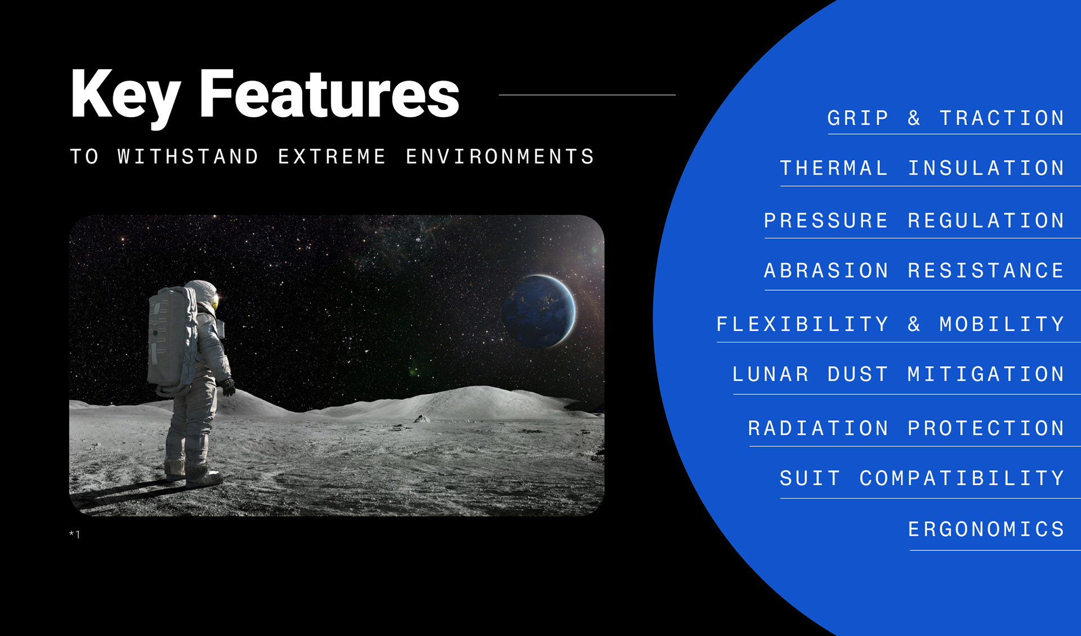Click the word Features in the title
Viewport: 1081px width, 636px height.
pyautogui.click(x=329, y=94)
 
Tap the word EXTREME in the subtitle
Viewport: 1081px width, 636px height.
pyautogui.click(x=332, y=157)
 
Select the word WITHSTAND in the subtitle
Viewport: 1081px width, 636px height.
pyautogui.click(x=188, y=157)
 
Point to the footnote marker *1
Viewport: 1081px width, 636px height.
pyautogui.click(x=75, y=534)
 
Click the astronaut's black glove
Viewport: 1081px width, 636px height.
pyautogui.click(x=228, y=386)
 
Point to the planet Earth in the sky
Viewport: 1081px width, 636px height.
pyautogui.click(x=540, y=311)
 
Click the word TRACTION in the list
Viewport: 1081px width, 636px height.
pyautogui.click(x=1002, y=118)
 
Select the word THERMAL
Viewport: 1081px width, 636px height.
pyautogui.click(x=834, y=168)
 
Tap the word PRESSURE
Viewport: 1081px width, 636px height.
pyautogui.click(x=826, y=220)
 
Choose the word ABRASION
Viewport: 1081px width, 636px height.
pyautogui.click(x=826, y=271)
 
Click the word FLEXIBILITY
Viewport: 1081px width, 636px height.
pyautogui.click(x=802, y=324)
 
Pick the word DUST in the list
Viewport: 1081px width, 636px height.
pyautogui.click(x=857, y=374)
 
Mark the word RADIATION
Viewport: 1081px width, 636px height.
pyautogui.click(x=818, y=428)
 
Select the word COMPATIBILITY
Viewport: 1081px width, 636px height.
pyautogui.click(x=962, y=478)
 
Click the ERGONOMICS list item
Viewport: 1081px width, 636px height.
pyautogui.click(x=986, y=529)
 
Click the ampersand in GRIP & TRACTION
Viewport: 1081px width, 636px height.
pyautogui.click(x=914, y=118)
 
